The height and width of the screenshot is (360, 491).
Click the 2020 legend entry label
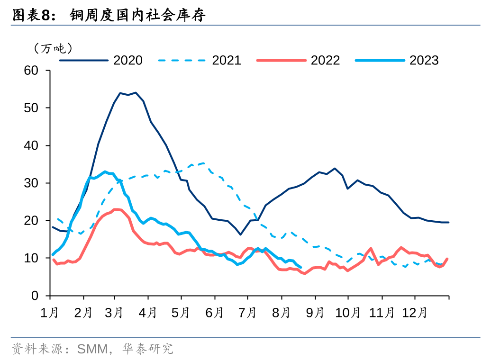click(x=128, y=60)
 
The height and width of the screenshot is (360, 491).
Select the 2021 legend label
click(x=227, y=60)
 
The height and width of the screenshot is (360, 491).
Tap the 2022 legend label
click(x=325, y=60)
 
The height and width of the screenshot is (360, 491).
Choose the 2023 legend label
click(x=424, y=60)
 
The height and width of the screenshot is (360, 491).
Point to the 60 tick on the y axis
click(x=31, y=71)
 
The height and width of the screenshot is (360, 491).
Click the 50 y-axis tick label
click(x=31, y=108)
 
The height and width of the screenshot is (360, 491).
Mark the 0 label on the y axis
click(x=35, y=296)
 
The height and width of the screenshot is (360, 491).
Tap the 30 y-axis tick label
click(x=31, y=183)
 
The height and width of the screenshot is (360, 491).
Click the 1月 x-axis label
click(x=49, y=313)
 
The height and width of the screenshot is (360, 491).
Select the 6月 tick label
click(x=214, y=313)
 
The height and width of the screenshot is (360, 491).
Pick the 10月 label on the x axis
click(x=347, y=313)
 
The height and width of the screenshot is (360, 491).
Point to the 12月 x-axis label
click(x=415, y=313)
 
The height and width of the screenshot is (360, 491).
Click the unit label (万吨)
click(x=53, y=48)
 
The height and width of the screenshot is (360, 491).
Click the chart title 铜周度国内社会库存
click(x=137, y=15)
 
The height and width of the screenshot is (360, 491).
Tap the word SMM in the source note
click(x=92, y=349)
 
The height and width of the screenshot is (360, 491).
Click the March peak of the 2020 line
click(x=136, y=93)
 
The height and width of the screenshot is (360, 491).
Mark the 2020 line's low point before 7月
click(x=240, y=234)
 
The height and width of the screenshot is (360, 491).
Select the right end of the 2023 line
click(x=300, y=267)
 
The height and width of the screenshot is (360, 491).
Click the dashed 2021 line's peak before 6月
click(x=204, y=163)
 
